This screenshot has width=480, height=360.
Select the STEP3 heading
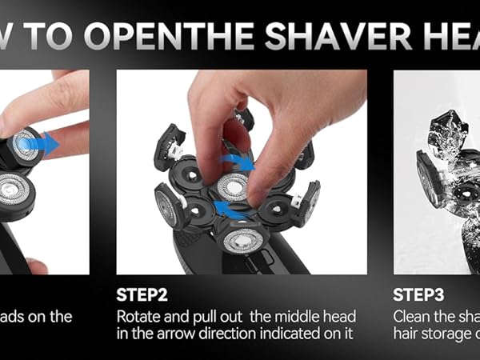coord(419,294)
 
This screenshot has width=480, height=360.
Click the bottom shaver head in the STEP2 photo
coord(243,238)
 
